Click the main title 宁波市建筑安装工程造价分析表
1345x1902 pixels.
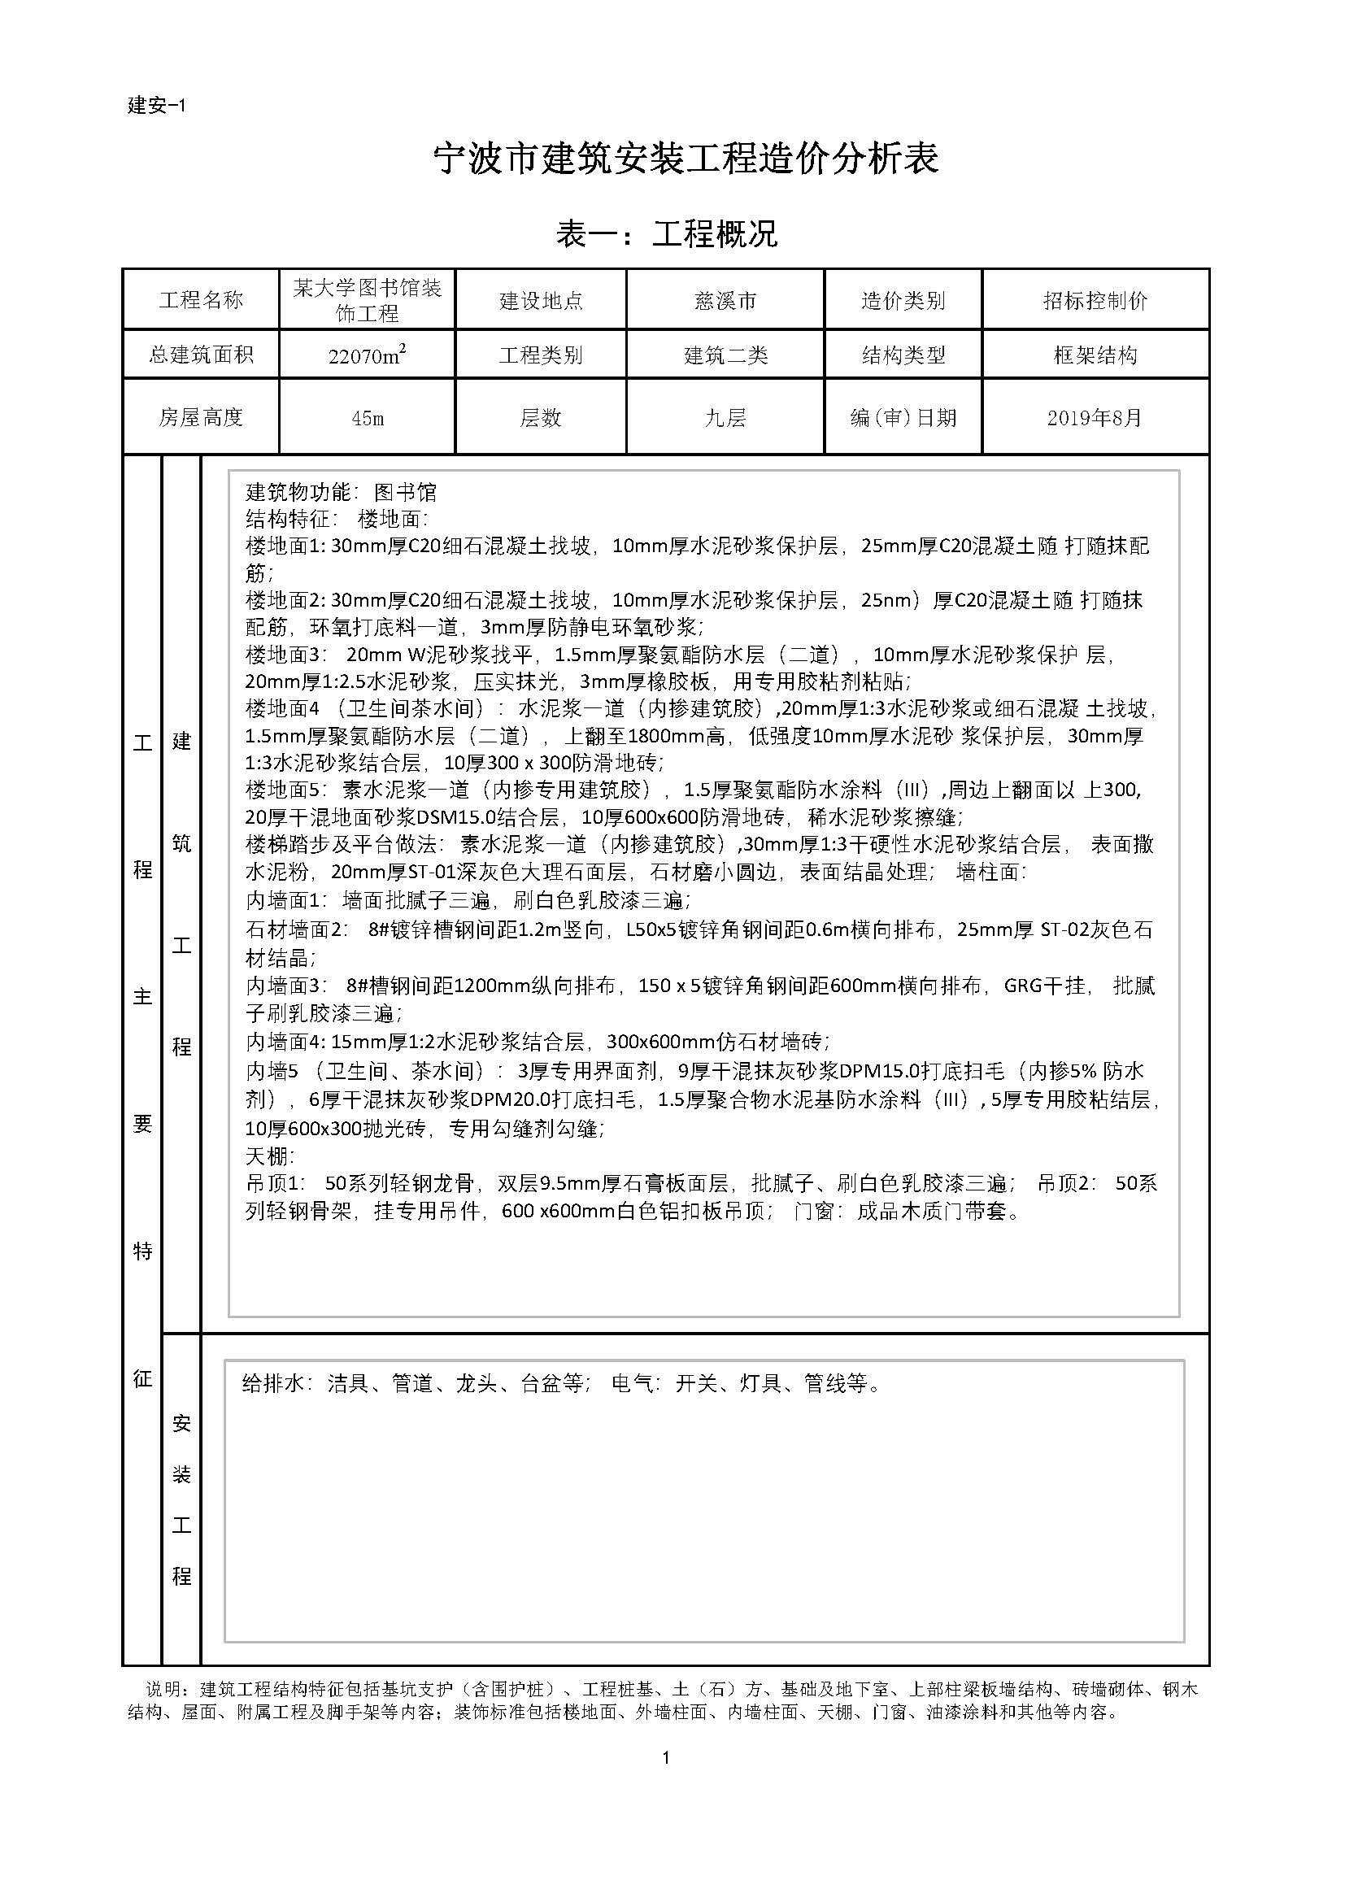coord(686,159)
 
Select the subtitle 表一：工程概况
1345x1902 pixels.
coord(667,234)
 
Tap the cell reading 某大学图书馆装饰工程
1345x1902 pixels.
coord(367,300)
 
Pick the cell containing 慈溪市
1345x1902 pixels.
coord(725,301)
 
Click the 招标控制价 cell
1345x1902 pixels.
coord(1095,301)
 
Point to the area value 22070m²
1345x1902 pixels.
coord(367,355)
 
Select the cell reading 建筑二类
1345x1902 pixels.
coord(725,355)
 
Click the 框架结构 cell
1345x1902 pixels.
coord(1095,355)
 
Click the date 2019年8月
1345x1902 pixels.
coord(1095,417)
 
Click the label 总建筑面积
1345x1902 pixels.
coord(201,355)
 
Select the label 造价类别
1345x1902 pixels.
coord(903,301)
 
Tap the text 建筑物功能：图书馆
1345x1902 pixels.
coord(342,493)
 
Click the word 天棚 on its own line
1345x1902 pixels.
coord(269,1156)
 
